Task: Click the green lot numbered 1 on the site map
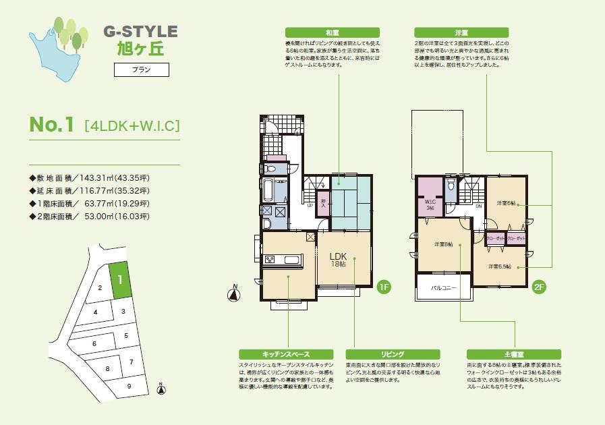tap(119, 279)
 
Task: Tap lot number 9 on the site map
tap(129, 387)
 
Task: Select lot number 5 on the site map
tap(125, 335)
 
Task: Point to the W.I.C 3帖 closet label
tap(429, 204)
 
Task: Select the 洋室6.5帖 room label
tap(500, 266)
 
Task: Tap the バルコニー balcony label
tap(444, 287)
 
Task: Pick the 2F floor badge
tap(539, 286)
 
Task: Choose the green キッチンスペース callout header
tap(287, 353)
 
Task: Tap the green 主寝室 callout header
tap(514, 353)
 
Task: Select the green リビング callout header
tap(392, 353)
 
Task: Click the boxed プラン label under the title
tap(141, 69)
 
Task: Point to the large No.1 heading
tap(51, 125)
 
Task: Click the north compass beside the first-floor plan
tap(235, 293)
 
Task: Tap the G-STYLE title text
tap(140, 31)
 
